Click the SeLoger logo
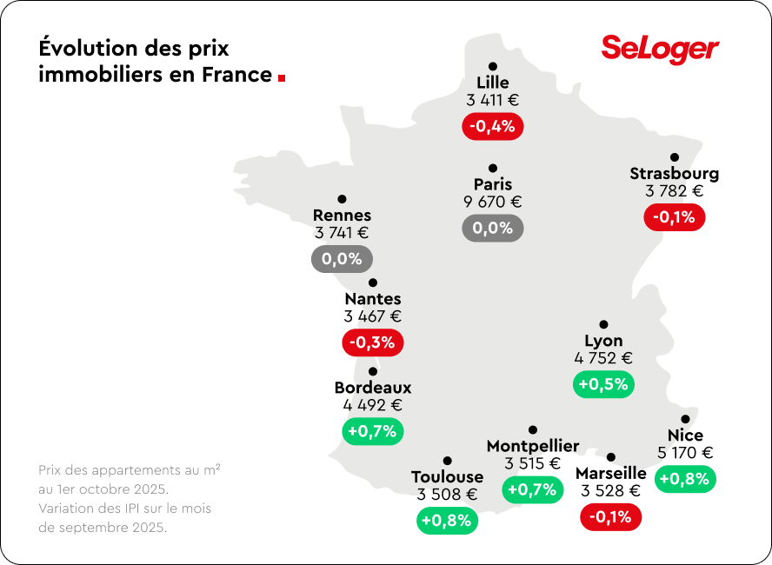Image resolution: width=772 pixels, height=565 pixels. [660, 49]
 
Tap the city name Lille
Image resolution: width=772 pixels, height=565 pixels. [493, 83]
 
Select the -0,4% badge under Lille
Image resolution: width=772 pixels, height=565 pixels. [493, 126]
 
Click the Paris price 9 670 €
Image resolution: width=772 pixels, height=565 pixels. [493, 202]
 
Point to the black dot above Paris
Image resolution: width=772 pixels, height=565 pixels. [493, 168]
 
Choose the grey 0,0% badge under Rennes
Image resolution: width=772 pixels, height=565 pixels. [342, 259]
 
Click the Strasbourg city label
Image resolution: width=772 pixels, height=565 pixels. [674, 173]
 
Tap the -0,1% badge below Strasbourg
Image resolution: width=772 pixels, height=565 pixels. [674, 217]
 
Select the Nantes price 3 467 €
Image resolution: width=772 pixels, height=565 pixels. [372, 316]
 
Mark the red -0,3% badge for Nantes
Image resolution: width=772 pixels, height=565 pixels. [372, 342]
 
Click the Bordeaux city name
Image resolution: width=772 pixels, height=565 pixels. [373, 388]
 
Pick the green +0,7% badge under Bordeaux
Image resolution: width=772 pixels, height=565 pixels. [372, 431]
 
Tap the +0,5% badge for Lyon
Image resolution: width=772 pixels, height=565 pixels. [603, 384]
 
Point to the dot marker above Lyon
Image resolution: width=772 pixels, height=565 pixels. [603, 324]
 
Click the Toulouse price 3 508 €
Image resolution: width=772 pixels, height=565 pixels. [447, 495]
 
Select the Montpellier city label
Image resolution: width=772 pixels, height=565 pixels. [533, 446]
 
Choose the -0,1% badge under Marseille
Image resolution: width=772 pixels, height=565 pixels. [610, 517]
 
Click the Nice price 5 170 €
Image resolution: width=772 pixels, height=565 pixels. [685, 452]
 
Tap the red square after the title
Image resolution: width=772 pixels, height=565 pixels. [282, 77]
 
